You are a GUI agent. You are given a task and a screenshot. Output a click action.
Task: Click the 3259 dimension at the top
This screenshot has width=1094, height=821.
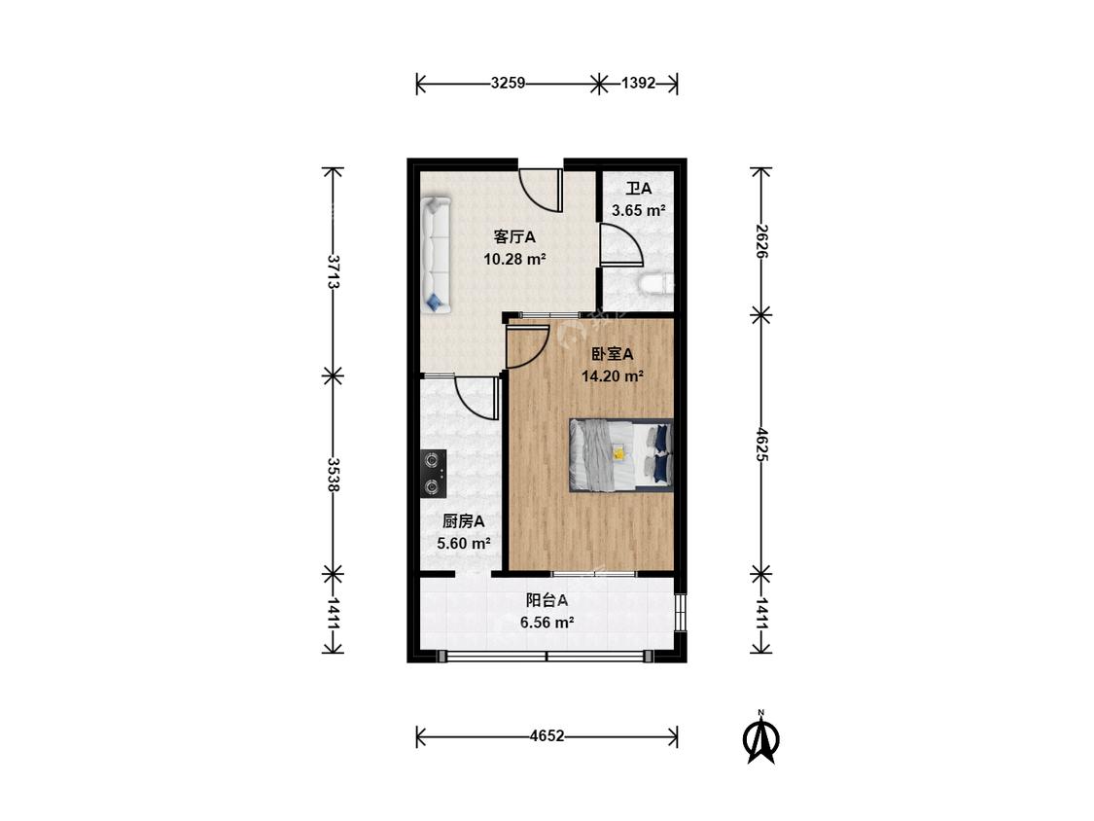[x=508, y=83]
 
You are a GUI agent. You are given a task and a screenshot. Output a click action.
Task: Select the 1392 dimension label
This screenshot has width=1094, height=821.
[x=638, y=83]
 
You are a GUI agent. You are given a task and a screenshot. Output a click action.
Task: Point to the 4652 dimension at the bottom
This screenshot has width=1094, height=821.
[x=547, y=735]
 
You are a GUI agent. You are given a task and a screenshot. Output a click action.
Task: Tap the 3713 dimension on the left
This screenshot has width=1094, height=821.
[x=334, y=272]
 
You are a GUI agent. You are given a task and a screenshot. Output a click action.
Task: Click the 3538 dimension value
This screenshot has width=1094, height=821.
[x=334, y=475]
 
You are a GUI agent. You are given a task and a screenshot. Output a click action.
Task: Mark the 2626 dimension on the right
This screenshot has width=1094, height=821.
[x=760, y=241]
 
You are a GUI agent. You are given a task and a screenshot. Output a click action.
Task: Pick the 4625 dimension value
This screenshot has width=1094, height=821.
[x=760, y=445]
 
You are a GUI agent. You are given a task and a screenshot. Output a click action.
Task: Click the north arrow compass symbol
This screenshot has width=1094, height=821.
[x=760, y=737]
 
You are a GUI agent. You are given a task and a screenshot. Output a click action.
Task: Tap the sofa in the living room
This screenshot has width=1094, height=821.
[x=436, y=254]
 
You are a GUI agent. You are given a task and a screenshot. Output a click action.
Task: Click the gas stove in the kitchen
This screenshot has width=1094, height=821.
[x=434, y=474]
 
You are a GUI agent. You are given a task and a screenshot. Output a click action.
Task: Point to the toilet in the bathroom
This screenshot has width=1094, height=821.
[x=656, y=284]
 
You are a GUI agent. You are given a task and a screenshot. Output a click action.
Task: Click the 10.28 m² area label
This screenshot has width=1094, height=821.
[x=514, y=260]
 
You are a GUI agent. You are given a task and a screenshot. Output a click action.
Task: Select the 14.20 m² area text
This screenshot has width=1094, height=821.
[x=613, y=376]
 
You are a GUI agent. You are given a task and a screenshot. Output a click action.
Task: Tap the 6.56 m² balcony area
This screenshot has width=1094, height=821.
[x=547, y=622]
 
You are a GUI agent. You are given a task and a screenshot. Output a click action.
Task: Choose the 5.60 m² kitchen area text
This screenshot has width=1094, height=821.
[x=464, y=543]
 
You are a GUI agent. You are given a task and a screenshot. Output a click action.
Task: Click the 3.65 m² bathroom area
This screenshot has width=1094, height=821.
[x=638, y=210]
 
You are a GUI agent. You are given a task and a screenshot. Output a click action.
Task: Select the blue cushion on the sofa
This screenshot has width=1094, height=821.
[x=435, y=302]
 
